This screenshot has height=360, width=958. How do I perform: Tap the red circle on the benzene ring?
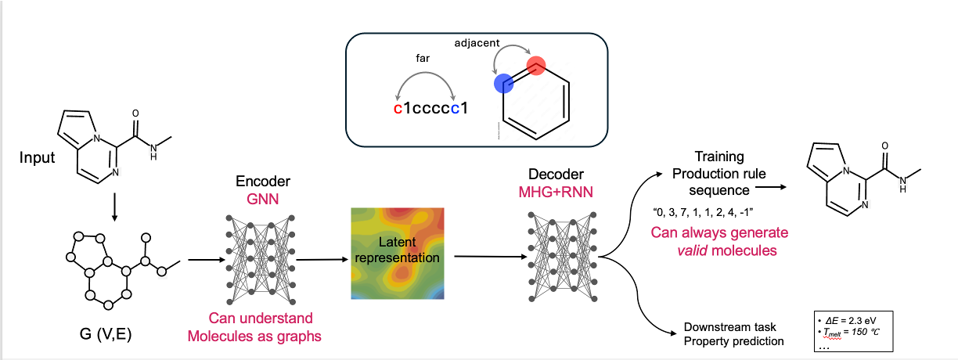coord(535,66)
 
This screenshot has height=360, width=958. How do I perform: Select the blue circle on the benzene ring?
coord(502,85)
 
